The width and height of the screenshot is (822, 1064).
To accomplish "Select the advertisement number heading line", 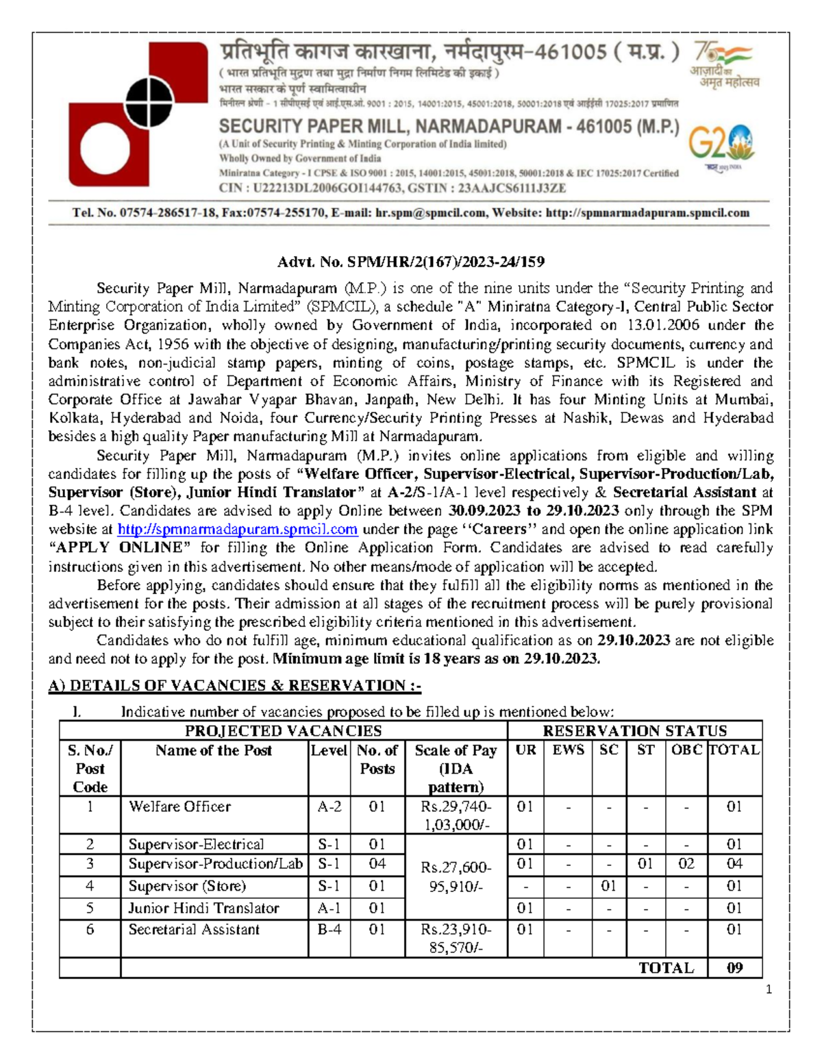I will [x=410, y=262].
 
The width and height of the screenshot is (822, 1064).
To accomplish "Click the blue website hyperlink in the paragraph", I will [x=238, y=530].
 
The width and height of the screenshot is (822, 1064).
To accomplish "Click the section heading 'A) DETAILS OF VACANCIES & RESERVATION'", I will [x=234, y=686].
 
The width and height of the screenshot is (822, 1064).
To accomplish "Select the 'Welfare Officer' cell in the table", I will [x=179, y=807].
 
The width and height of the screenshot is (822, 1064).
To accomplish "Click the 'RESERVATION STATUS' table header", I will [x=634, y=731].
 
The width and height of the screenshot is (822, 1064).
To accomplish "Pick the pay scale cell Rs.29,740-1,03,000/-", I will [x=456, y=815].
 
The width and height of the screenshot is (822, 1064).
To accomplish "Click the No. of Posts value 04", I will [x=377, y=864].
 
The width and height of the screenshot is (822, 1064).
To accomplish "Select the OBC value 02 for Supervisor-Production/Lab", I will [x=686, y=864].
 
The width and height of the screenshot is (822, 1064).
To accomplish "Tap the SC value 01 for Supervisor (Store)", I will [x=608, y=887].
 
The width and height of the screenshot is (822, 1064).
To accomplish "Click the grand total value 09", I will [x=734, y=968].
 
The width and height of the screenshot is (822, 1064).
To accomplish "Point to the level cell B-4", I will [x=329, y=930].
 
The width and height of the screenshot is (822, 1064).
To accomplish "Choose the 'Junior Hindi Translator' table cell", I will [x=203, y=908].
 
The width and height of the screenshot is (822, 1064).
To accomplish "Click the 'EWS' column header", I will [x=568, y=750].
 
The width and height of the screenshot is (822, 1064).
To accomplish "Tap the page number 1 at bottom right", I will [x=769, y=989].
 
